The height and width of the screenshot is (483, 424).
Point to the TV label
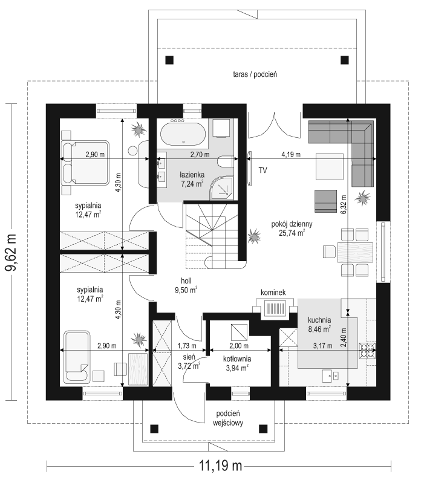coord(263,170)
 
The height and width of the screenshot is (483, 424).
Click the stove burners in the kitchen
coord(368,351)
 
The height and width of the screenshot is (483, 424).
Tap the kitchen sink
coord(331,375)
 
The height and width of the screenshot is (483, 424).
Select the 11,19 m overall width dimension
coord(220,465)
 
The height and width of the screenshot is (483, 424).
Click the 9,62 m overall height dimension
coord(11,252)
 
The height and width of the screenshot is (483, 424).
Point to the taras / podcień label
coord(255,74)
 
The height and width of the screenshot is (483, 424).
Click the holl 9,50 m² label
coord(186,285)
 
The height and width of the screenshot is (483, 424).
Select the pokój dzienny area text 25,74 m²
coord(292,233)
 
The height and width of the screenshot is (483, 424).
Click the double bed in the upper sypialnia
coord(85,163)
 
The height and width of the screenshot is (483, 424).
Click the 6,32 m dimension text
coord(344,204)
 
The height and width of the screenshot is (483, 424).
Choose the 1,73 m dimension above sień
coord(187,346)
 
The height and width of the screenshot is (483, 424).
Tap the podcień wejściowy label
coord(228,418)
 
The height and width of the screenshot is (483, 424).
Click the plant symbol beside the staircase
coord(254,236)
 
